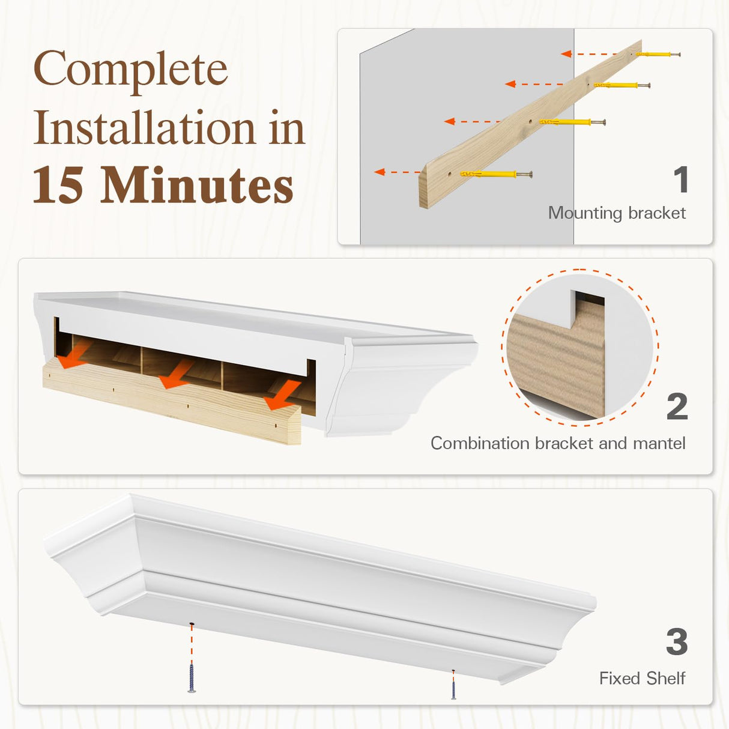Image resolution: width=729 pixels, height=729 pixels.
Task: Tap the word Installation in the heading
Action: (x=144, y=128)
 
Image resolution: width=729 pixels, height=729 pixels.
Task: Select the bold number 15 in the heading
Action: (x=58, y=186)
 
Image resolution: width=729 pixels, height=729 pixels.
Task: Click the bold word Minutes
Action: (x=196, y=186)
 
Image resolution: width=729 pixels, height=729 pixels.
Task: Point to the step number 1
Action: (x=680, y=180)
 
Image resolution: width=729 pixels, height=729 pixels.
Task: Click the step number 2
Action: (x=677, y=407)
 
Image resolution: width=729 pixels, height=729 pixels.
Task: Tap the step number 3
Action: (x=677, y=642)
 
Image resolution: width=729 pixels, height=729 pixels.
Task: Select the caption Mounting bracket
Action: (x=617, y=213)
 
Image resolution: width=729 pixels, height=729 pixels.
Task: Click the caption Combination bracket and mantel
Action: (x=558, y=443)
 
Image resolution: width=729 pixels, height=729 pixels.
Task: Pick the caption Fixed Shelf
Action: (x=642, y=679)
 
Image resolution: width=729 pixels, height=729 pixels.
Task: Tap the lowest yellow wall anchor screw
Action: (x=495, y=175)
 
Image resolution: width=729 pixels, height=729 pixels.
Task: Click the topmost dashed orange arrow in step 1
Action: (x=591, y=54)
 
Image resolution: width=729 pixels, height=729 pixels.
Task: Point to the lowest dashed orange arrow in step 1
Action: (x=396, y=172)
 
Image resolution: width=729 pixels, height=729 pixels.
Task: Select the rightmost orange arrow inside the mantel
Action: (x=282, y=396)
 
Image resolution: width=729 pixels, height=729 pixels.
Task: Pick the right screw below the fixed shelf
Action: (x=453, y=686)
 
